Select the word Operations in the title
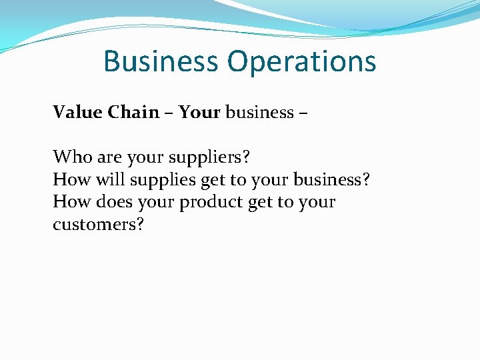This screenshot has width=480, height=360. [x=301, y=61]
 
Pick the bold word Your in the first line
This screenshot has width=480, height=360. [x=199, y=112]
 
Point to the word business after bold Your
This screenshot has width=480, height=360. [x=257, y=112]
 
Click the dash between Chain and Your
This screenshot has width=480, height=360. [x=169, y=113]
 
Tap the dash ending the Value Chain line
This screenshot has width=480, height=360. [x=303, y=113]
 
